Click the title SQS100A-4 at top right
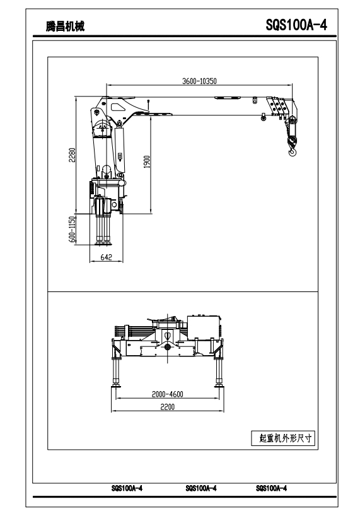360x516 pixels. click(296, 25)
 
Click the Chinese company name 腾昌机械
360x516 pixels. click(65, 26)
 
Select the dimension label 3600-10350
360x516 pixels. click(200, 81)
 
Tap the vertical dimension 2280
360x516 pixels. click(72, 155)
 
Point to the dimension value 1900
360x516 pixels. click(147, 161)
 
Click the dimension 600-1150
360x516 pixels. click(72, 230)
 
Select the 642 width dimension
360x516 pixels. click(106, 257)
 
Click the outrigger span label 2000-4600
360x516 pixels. click(167, 394)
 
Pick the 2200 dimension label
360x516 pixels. click(167, 407)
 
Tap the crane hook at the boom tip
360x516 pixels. click(293, 151)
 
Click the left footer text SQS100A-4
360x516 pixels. click(127, 488)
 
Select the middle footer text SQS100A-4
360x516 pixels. click(201, 488)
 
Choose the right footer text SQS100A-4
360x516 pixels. click(271, 488)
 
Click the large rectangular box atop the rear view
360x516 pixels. click(204, 327)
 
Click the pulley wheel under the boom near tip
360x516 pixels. click(263, 117)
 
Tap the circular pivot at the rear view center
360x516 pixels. click(167, 347)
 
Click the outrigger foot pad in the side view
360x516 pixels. click(103, 243)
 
